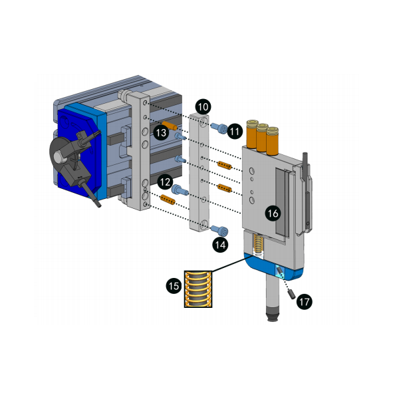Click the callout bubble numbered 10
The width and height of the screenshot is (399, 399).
pyautogui.click(x=203, y=106)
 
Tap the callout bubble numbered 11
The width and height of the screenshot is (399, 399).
pyautogui.click(x=235, y=131)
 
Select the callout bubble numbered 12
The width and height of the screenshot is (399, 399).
pyautogui.click(x=165, y=182)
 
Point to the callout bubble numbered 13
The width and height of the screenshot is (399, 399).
pyautogui.click(x=161, y=132)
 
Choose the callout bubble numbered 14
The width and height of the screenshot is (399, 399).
pyautogui.click(x=220, y=245)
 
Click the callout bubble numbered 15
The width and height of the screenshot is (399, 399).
pyautogui.click(x=174, y=285)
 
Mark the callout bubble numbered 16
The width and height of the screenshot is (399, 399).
pyautogui.click(x=273, y=213)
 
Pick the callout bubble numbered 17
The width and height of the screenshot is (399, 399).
pyautogui.click(x=305, y=301)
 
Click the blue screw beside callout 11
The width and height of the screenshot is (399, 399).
pyautogui.click(x=219, y=128)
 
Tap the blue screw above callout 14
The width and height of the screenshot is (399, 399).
pyautogui.click(x=219, y=230)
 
